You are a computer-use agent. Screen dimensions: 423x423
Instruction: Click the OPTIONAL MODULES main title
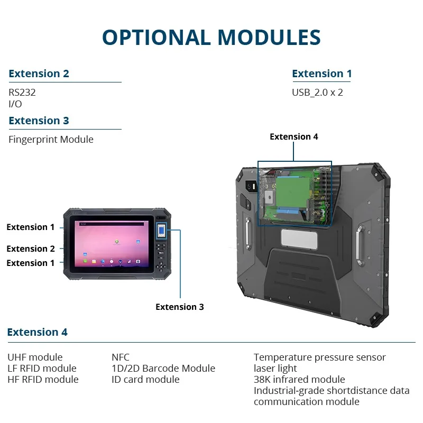tap(212, 37)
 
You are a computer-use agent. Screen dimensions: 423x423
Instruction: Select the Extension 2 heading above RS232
tap(39, 73)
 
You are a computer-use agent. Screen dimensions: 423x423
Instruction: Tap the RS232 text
tap(22, 92)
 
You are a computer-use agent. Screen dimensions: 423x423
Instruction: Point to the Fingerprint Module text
tap(51, 140)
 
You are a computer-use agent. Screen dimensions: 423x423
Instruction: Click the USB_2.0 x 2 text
tap(317, 92)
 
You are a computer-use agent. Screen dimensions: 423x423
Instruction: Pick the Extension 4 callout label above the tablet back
tap(294, 136)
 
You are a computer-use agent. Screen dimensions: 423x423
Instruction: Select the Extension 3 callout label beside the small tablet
tap(179, 307)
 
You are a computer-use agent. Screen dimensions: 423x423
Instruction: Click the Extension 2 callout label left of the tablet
tap(31, 249)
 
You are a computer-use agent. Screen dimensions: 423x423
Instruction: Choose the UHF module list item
tap(35, 357)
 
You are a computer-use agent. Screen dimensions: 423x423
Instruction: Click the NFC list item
tap(121, 357)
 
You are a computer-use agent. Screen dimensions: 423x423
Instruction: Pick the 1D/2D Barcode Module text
tap(163, 369)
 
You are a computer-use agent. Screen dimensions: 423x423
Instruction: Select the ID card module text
tap(145, 380)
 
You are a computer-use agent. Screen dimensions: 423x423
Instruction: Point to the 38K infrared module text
tap(299, 380)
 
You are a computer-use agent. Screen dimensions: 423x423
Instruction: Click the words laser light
tap(275, 369)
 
